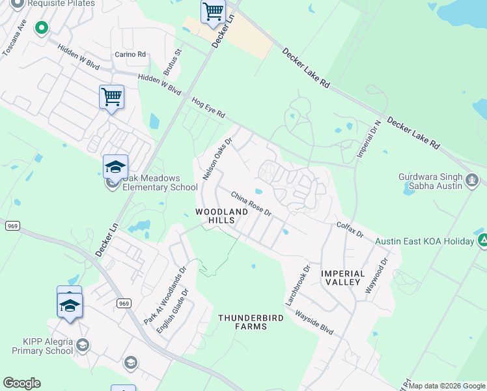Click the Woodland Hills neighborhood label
pos(222,216)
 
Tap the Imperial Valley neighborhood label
pos(341,278)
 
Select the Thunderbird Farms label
pos(242,322)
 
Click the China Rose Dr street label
pos(251,203)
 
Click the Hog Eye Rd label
pos(208,108)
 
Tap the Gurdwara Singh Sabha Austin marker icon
pos(473,178)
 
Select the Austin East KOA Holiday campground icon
pos(482,240)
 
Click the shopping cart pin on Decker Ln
pos(213,12)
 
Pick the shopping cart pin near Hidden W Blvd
pos(111,97)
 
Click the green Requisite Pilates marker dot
pos(42,27)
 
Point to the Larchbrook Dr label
pos(298,285)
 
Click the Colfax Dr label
pos(349,229)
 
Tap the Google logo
pos(21,383)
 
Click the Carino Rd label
pos(130,55)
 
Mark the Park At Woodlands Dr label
pos(165,295)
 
